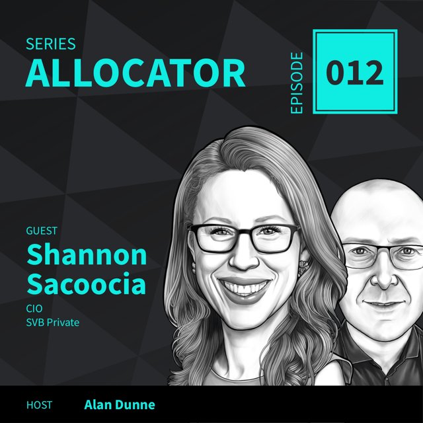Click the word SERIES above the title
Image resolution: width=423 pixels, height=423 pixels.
[x=50, y=45]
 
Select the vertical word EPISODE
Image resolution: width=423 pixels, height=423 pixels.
[x=297, y=82]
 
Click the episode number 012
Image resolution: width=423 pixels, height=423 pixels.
[x=355, y=73]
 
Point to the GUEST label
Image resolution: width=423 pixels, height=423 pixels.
[x=42, y=231]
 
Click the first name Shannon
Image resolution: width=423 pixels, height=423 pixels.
[x=86, y=254]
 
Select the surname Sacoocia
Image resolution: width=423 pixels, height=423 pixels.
[x=87, y=285]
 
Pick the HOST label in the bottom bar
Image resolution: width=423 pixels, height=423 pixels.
[x=40, y=404]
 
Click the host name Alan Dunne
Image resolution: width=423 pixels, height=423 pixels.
[x=120, y=404]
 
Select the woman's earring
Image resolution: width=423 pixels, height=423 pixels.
[x=303, y=268]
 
